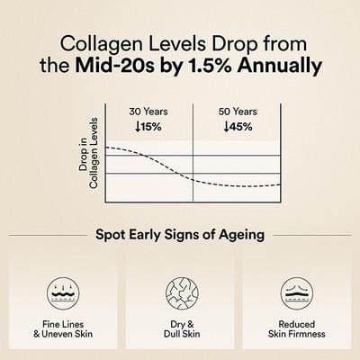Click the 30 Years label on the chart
tap(148, 112)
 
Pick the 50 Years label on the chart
tap(236, 112)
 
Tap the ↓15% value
tap(148, 127)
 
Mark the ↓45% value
tap(236, 127)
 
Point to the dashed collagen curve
tap(180, 171)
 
